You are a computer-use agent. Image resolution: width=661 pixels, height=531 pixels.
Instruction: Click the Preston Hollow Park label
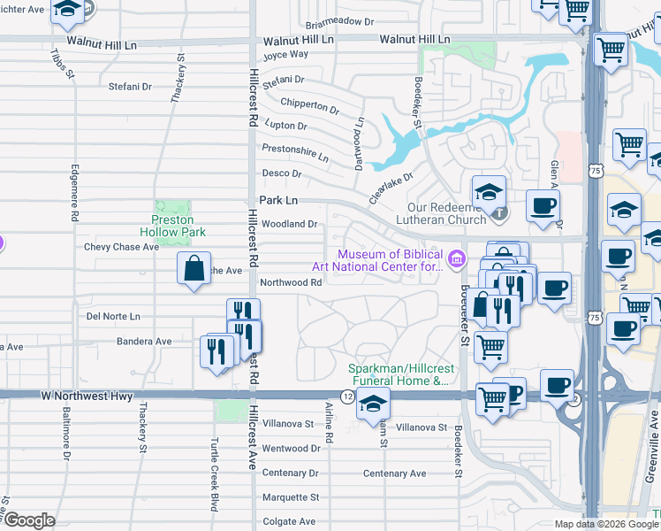click(x=179, y=226)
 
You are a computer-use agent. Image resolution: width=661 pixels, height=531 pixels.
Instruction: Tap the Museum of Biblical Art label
click(x=377, y=260)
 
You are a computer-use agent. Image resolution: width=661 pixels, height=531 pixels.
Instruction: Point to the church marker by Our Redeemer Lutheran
click(x=500, y=213)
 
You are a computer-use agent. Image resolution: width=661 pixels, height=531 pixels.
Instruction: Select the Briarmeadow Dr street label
click(x=340, y=25)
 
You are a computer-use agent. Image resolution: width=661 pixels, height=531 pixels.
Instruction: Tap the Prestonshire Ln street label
click(x=295, y=152)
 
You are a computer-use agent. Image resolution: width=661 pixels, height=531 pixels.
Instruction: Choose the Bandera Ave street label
click(x=144, y=341)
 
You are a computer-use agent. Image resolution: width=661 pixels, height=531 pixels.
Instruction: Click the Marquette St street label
click(x=290, y=497)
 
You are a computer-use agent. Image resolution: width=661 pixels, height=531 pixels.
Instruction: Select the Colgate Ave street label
click(x=288, y=521)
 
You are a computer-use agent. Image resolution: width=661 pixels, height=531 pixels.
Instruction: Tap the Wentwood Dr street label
click(x=291, y=449)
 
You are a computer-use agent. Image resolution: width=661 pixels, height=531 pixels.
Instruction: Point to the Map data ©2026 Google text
click(x=604, y=524)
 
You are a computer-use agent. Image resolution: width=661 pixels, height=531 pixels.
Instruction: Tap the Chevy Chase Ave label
click(x=121, y=247)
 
